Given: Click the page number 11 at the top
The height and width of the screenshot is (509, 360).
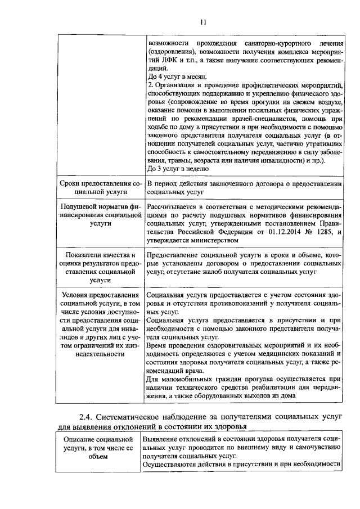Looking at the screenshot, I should (203, 22).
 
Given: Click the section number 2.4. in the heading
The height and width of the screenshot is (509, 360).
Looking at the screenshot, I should (89, 417).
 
